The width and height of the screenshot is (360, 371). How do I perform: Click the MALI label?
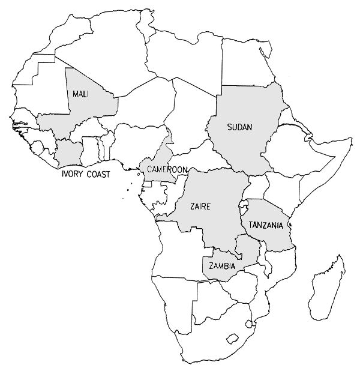click(82, 94)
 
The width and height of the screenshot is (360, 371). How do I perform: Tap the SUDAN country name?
click(240, 127)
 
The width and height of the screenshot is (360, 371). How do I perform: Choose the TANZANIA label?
click(266, 226)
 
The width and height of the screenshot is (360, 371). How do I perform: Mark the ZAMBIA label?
click(222, 265)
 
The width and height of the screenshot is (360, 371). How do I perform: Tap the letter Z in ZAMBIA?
click(210, 265)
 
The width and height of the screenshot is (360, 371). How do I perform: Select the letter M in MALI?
click(76, 94)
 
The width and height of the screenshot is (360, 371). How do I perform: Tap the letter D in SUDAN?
click(240, 127)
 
